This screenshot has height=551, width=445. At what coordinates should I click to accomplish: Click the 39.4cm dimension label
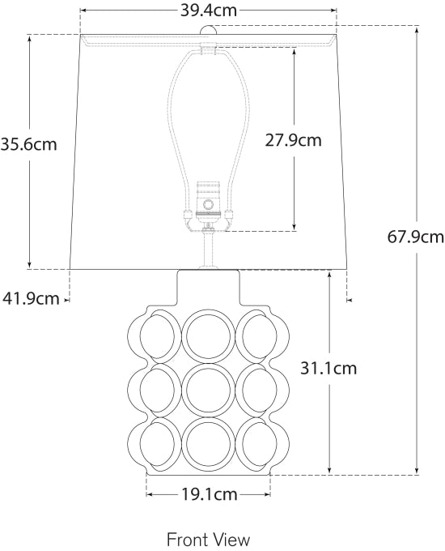tap(209, 11)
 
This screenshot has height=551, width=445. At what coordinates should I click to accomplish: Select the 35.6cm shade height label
tap(28, 146)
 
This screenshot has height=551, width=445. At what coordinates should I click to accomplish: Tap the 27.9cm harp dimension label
tap(293, 140)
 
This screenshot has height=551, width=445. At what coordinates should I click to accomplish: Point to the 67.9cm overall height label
tap(416, 237)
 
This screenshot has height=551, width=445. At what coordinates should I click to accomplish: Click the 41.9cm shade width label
tap(31, 298)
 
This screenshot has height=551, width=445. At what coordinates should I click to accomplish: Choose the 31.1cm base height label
tap(328, 369)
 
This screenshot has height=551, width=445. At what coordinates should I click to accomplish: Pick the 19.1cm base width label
tap(209, 493)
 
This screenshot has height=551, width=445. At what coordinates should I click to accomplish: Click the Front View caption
tap(208, 539)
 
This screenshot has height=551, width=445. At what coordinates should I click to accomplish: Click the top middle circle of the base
tap(209, 335)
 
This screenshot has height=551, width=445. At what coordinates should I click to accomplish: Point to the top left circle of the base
tap(156, 335)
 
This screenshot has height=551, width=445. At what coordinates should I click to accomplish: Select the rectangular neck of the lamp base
tap(209, 288)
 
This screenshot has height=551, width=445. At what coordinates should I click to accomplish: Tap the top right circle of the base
tap(261, 335)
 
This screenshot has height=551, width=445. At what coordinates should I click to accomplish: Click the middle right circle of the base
tap(261, 390)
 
